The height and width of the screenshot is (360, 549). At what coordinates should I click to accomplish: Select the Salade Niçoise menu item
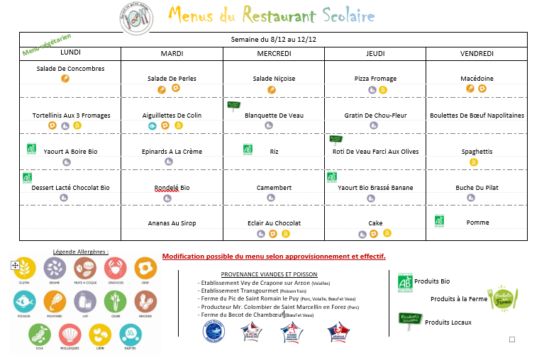[273, 79]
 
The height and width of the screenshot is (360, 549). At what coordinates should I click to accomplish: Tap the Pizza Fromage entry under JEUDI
[375, 79]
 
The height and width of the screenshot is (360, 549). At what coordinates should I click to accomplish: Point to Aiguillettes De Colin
[172, 115]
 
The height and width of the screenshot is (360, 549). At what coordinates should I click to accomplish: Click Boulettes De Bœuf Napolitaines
[477, 115]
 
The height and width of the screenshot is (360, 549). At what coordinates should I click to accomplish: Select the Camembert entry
[274, 188]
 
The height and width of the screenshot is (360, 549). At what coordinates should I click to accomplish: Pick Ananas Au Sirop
[172, 223]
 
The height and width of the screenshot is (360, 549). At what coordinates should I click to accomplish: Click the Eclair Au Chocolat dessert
[274, 223]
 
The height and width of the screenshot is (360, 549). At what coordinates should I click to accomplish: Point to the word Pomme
[477, 223]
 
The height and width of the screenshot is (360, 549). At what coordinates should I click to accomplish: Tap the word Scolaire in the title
[347, 15]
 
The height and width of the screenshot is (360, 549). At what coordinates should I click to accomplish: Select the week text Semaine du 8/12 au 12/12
[273, 40]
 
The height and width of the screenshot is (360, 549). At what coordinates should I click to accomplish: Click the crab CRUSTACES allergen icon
[116, 269]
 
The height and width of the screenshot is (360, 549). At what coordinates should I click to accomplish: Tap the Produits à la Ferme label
[458, 299]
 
